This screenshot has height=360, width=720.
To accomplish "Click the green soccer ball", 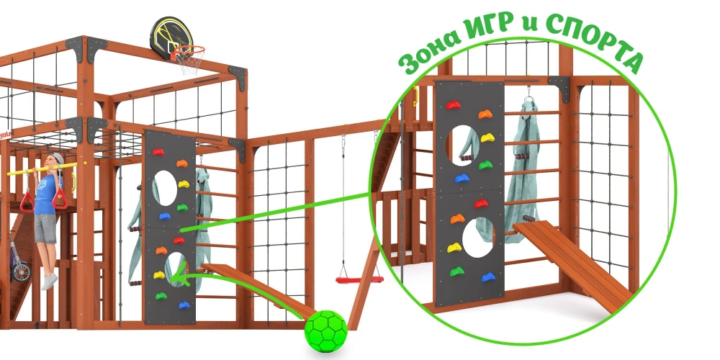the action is click(326, 331).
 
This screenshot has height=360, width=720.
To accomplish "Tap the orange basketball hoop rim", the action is click(188, 49).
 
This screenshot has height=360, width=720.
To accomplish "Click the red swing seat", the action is click(359, 279).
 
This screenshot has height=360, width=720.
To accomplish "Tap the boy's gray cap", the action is click(58, 159).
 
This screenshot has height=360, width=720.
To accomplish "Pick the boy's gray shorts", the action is click(45, 228).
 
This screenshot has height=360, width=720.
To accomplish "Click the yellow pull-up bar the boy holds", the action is click(42, 169).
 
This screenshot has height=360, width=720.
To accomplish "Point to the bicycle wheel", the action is click(21, 271).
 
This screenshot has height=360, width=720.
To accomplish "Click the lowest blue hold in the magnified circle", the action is click(489, 277).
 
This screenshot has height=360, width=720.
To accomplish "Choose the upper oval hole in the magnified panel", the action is click(463, 145).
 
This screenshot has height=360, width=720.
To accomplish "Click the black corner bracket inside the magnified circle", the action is click(559, 86).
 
